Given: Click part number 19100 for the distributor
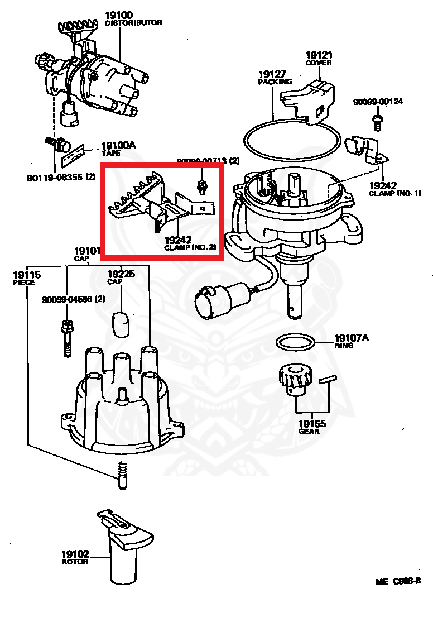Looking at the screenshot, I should pos(118,15).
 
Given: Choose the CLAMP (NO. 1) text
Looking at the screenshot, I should pos(394,193).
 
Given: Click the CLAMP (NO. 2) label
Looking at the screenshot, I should pos(190,246).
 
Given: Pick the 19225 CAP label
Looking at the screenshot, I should pos(121,277).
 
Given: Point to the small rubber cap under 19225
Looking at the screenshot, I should pos(121,324).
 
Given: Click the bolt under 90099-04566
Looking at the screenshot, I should pos(66,338).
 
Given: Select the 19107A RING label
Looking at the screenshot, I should pos(352,341).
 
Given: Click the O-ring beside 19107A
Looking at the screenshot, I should pos(296,342).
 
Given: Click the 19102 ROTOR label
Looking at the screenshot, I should pos(75,557).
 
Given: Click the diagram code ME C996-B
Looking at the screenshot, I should pos(397,582).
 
